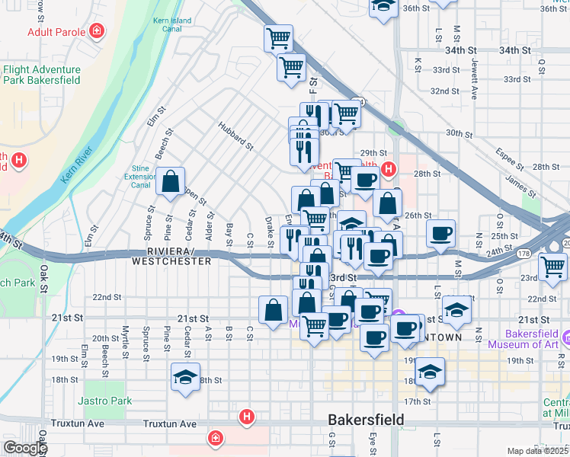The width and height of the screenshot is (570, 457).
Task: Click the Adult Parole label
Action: pos(55,32)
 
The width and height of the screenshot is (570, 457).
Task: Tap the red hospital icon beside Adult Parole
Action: pos(97,31)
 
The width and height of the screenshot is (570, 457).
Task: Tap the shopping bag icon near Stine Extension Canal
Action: pos(170,181)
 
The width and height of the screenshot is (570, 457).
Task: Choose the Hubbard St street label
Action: pos(235,134)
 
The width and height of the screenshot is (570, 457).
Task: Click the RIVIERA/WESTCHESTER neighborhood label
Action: pos(171,256)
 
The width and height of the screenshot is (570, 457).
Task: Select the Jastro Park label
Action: pos(104,401)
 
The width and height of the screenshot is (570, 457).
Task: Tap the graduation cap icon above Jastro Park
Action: pos(185,378)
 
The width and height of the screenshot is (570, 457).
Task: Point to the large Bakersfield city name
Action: pos(365,420)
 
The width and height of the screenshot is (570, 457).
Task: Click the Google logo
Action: pos(24,449)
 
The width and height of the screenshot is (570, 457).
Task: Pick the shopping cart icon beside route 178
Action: pos(552,266)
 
